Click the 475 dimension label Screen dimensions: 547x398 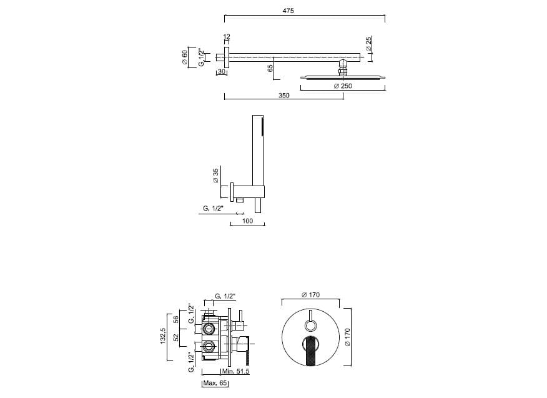click(288, 11)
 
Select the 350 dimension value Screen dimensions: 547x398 click(284, 96)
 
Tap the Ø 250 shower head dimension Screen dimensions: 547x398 click(343, 86)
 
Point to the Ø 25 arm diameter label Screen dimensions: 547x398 click(369, 43)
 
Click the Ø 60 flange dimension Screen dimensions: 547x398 click(185, 57)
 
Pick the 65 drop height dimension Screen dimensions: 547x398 click(270, 68)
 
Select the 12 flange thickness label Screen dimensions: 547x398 click(227, 37)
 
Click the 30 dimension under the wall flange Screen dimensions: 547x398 click(222, 72)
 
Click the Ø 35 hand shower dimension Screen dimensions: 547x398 click(215, 176)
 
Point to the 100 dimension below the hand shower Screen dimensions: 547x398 click(247, 221)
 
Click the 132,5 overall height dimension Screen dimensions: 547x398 click(163, 335)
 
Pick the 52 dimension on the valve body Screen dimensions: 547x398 click(176, 337)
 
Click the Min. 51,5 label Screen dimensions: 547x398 click(235, 372)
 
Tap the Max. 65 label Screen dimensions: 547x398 click(215, 383)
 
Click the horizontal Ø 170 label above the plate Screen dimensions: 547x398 click(310, 295)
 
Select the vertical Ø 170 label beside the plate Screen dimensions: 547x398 click(347, 337)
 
